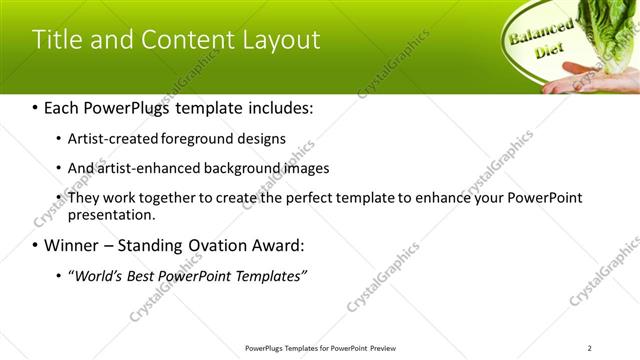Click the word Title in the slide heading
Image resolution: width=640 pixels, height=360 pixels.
pyautogui.click(x=56, y=40)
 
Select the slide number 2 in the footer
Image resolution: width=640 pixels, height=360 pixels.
pyautogui.click(x=590, y=348)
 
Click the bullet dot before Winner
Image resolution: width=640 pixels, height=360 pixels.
pyautogui.click(x=36, y=245)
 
